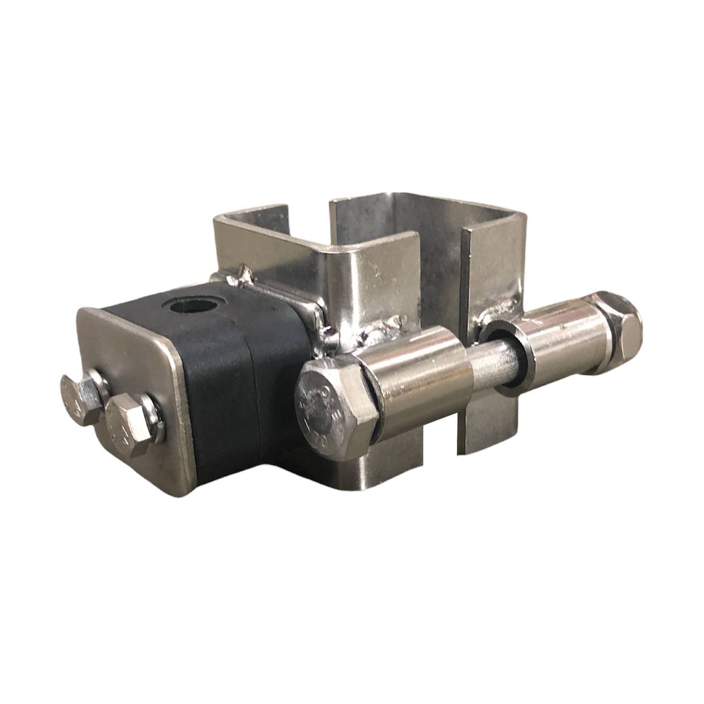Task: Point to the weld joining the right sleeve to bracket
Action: [x=497, y=307]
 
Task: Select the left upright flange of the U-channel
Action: [x=224, y=244]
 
